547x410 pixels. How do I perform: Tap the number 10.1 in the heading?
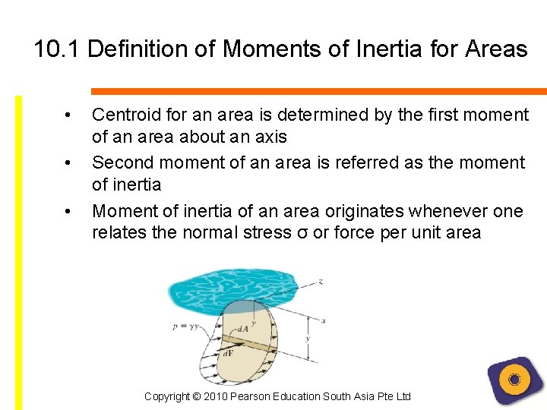pos(58,49)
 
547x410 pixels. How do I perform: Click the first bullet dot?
pos(69,115)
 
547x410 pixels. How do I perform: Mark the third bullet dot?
pos(69,210)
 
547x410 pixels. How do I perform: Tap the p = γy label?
pos(185,327)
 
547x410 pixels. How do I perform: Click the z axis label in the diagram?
pos(321,281)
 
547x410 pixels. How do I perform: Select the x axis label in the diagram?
pos(324,320)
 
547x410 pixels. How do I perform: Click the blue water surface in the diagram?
pos(228,292)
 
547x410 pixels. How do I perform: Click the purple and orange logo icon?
pos(514,380)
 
